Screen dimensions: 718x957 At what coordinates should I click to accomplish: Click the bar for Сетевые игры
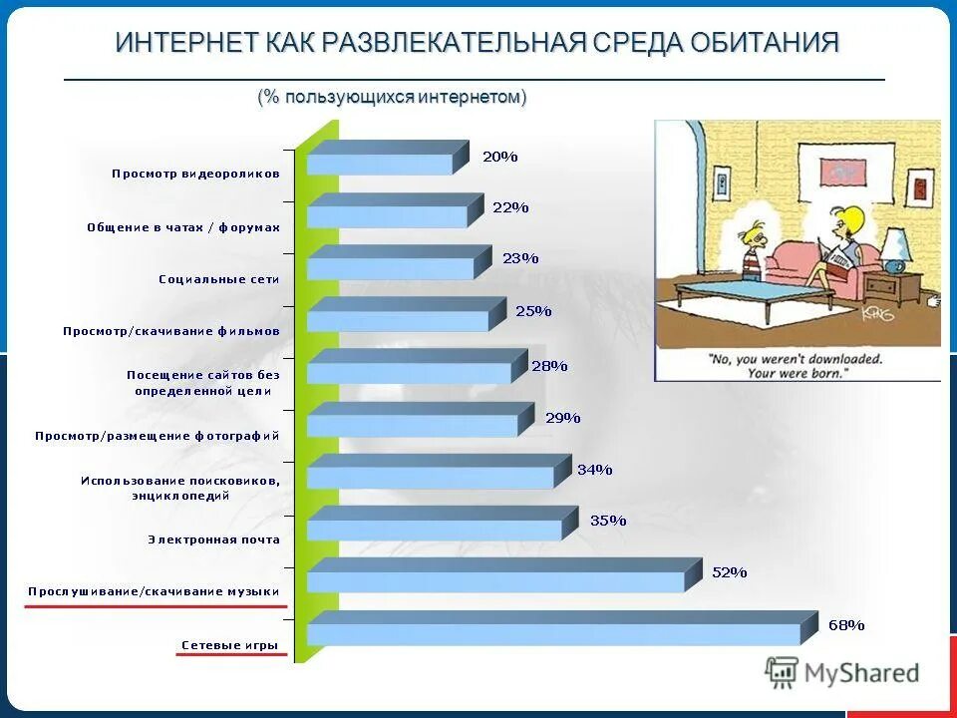554,633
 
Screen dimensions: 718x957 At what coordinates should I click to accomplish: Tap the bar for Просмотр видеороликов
380,164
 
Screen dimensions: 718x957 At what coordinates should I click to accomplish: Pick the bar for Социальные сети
391,267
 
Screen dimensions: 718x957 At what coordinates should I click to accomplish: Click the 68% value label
846,625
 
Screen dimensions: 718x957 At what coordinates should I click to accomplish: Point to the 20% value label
499,156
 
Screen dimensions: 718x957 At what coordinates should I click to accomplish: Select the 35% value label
607,520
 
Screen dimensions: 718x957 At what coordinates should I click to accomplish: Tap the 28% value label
549,365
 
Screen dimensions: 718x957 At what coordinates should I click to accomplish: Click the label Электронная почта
213,539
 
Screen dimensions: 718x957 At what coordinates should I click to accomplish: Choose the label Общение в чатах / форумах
182,227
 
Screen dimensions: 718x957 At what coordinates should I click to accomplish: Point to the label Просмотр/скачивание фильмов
170,330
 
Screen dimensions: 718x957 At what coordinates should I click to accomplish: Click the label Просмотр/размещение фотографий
157,436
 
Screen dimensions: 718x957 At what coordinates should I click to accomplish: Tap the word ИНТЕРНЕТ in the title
187,43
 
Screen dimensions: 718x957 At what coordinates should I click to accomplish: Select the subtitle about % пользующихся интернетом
392,97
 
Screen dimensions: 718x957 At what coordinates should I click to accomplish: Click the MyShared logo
842,673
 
